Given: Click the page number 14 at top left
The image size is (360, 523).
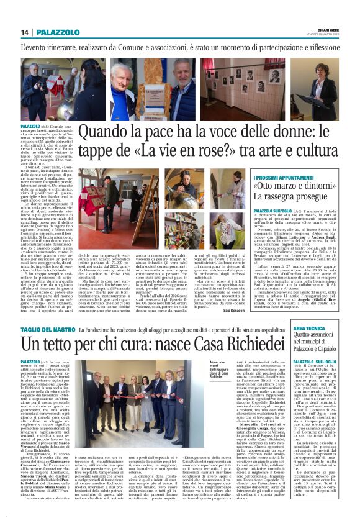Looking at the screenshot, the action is [x=25, y=32].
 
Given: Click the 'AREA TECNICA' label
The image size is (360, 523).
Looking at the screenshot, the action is [x=328, y=327].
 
